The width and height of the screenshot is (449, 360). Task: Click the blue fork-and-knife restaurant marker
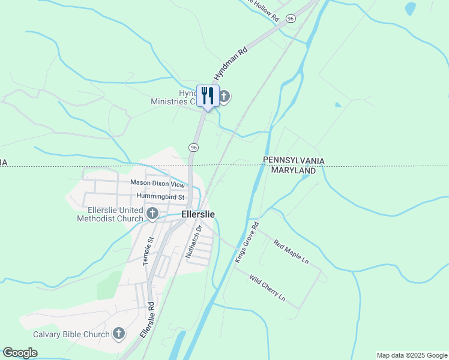coord(208,96)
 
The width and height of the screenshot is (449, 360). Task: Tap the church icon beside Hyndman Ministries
coord(224,97)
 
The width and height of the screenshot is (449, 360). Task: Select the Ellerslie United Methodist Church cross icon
coord(152,214)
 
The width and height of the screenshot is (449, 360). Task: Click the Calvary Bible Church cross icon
coord(119,334)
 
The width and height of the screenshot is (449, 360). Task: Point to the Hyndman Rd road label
coord(231,65)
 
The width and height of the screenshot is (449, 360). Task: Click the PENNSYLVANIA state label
coord(294,161)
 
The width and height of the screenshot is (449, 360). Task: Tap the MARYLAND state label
coord(294,170)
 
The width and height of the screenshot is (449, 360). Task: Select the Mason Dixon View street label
coord(157,184)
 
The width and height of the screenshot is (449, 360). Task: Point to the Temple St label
coord(148,251)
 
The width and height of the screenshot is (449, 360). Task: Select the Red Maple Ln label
coord(291,253)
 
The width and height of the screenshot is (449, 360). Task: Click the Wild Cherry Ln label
coord(267,289)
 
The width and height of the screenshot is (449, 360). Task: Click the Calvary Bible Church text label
coord(71,334)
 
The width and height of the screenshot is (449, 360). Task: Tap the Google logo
coord(20,353)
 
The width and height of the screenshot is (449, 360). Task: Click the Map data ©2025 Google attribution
coord(412,355)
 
